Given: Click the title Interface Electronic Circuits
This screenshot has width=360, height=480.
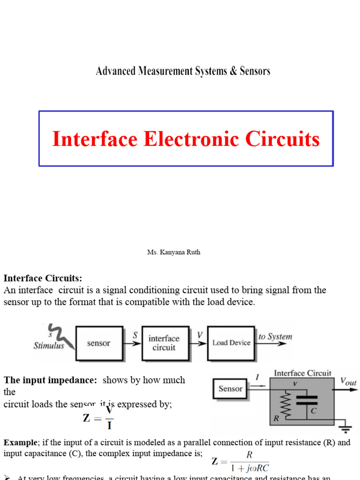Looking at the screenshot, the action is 186,139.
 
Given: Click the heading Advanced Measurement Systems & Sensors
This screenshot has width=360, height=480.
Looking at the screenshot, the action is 183,71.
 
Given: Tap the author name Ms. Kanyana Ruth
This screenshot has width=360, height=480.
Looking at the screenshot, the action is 173,252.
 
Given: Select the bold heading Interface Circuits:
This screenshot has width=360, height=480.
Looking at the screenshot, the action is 43,278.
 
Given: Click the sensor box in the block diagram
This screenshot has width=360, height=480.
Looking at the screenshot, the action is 98,343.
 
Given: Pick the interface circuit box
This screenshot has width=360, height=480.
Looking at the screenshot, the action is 164,343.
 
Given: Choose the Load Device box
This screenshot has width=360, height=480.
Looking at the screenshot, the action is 231,343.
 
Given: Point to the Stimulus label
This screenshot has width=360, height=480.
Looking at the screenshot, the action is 49,346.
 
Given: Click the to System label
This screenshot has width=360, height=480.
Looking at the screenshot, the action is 275,337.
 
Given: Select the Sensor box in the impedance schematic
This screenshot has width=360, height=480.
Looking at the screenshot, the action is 231,389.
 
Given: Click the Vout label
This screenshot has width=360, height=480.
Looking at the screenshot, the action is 348,382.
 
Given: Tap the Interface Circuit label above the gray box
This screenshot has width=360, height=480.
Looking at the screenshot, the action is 302,374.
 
